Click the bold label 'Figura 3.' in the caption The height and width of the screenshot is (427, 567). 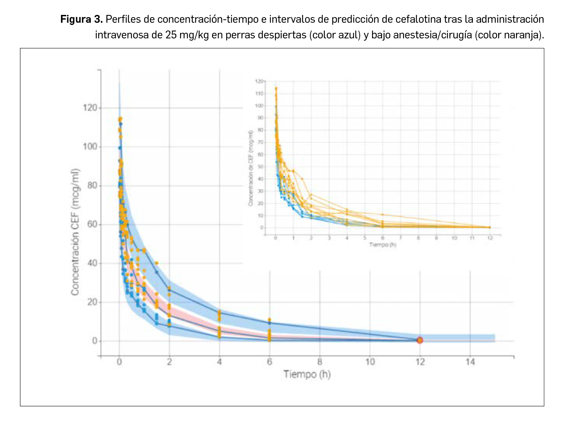[81, 19]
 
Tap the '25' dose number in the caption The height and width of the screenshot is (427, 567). [171, 35]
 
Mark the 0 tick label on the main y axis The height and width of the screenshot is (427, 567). [95, 341]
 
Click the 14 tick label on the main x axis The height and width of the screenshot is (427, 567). [470, 362]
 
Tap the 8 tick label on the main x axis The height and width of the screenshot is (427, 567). [320, 362]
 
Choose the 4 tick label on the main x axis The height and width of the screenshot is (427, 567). [220, 362]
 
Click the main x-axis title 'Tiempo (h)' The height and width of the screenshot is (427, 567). [307, 374]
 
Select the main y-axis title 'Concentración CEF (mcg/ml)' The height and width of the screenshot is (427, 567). [76, 232]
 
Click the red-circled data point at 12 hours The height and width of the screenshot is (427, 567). [420, 340]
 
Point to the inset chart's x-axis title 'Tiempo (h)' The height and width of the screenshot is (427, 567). [382, 245]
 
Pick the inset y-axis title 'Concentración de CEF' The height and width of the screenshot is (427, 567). [250, 168]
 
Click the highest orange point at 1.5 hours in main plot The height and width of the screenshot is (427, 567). [157, 263]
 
